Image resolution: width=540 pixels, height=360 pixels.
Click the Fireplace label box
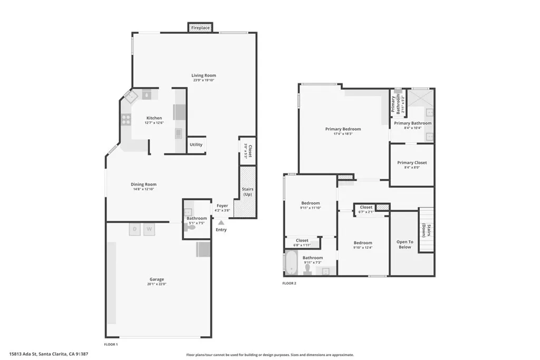coord(200,27)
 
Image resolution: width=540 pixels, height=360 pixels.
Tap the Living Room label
coord(204,76)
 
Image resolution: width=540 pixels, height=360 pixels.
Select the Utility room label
coord(196,144)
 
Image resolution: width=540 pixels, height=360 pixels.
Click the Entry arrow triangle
coord(221,223)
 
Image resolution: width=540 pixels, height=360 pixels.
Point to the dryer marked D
coord(135,229)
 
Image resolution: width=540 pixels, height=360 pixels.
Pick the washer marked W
coord(149,229)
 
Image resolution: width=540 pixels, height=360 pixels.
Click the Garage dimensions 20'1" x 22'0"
coord(157,284)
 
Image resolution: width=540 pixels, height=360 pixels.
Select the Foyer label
coord(223,206)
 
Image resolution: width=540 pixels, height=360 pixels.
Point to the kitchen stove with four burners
coord(126,120)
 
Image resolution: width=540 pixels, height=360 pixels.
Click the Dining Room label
coord(144,184)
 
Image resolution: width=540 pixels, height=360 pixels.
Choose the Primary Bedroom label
coord(343,129)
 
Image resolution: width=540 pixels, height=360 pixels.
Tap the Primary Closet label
coord(412,163)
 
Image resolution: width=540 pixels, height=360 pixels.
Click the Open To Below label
coord(404,244)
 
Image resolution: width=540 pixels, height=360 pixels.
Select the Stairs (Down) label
coord(426,230)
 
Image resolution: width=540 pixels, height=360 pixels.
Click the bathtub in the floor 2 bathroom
coord(291,263)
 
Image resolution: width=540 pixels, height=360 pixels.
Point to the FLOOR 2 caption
coord(290,283)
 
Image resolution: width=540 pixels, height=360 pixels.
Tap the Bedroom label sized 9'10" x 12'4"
coord(363,243)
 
